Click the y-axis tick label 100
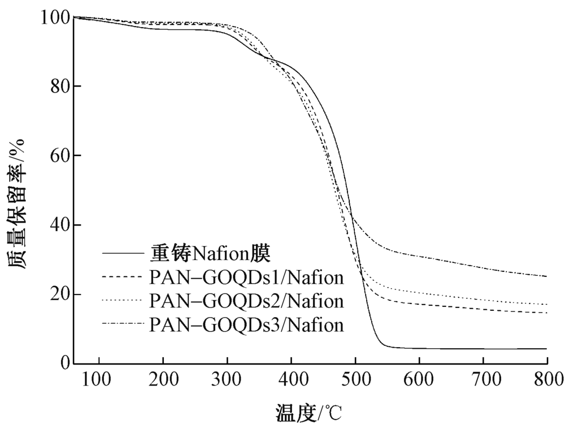click(55, 18)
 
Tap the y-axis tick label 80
click(59, 86)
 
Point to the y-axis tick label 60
click(59, 156)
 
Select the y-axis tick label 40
click(59, 226)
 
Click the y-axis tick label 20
click(59, 295)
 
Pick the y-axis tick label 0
click(63, 364)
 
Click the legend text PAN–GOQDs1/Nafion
click(246, 278)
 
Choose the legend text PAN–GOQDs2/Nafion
click(246, 301)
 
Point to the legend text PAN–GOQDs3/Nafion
click(246, 325)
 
